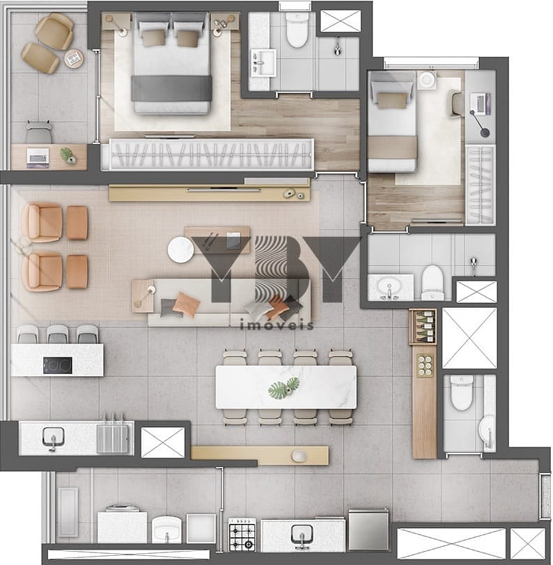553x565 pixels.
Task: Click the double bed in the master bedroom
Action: coord(172,63)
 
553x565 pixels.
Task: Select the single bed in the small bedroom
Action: coord(392,121)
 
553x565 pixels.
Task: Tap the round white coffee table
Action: coord(181,249)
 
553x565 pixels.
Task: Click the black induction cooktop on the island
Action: coord(58,365)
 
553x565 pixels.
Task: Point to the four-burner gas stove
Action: coord(242,535)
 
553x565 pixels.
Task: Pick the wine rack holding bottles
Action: coord(423,327)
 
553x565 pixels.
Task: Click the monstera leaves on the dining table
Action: coord(284,387)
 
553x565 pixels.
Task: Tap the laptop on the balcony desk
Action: coord(38,158)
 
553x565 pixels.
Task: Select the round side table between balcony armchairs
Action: coord(74,58)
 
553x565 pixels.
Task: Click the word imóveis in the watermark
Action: coord(277,325)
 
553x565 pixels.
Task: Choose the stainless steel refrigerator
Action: coord(368,529)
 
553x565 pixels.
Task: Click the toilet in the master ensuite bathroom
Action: coord(297,30)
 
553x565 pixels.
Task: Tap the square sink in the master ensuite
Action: coord(264,63)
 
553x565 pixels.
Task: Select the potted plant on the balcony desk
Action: coord(68,155)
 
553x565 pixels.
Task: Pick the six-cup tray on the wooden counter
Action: coord(425,366)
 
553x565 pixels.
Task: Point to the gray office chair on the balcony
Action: coord(38,132)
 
